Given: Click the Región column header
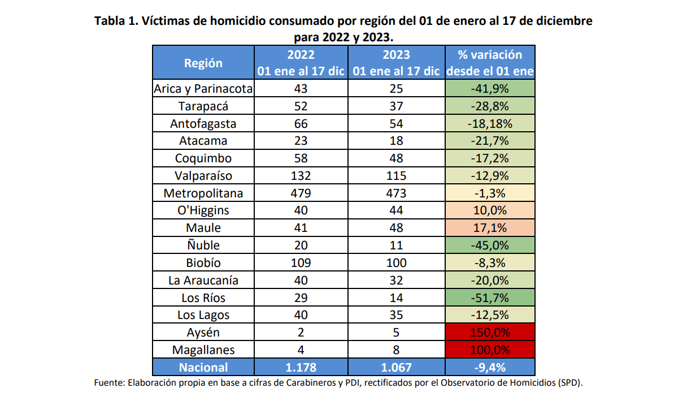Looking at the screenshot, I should [203, 63].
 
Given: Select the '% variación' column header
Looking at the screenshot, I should [490, 63].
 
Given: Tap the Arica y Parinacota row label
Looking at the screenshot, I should [203, 89].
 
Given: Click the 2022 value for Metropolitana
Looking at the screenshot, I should [301, 193].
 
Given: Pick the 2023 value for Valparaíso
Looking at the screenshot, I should [396, 176].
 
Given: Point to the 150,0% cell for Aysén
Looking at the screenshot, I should [490, 333].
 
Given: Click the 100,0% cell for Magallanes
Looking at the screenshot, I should [490, 350].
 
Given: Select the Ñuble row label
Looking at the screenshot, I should [203, 245].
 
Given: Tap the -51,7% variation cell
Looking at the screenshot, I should [490, 297].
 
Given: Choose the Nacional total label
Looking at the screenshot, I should [203, 368].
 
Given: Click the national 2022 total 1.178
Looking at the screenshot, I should [301, 368].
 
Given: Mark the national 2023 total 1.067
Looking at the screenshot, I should [396, 368].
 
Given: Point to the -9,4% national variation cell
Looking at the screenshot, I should [490, 368].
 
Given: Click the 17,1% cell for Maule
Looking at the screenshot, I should [490, 228].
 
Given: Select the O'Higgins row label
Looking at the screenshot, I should [203, 210].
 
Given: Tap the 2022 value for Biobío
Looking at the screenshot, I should [301, 263].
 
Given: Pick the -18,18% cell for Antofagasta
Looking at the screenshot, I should [490, 124].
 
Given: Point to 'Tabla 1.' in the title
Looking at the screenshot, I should [116, 21].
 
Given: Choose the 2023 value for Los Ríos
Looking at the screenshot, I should [396, 297].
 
